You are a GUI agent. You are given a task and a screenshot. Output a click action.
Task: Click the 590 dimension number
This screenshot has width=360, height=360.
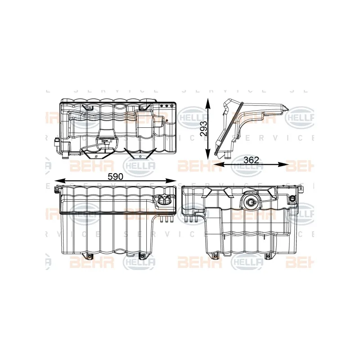pyautogui.click(x=116, y=177)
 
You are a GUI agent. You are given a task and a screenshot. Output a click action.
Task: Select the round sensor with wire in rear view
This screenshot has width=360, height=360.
pyautogui.click(x=249, y=202)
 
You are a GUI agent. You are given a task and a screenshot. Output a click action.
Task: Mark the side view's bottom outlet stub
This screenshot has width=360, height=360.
pyautogui.click(x=228, y=156)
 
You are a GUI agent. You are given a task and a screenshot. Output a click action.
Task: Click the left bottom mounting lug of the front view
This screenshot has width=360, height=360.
pyautogui.click(x=90, y=257)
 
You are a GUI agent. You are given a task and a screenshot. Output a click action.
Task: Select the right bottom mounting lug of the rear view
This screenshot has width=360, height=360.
pyautogui.click(x=270, y=257)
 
